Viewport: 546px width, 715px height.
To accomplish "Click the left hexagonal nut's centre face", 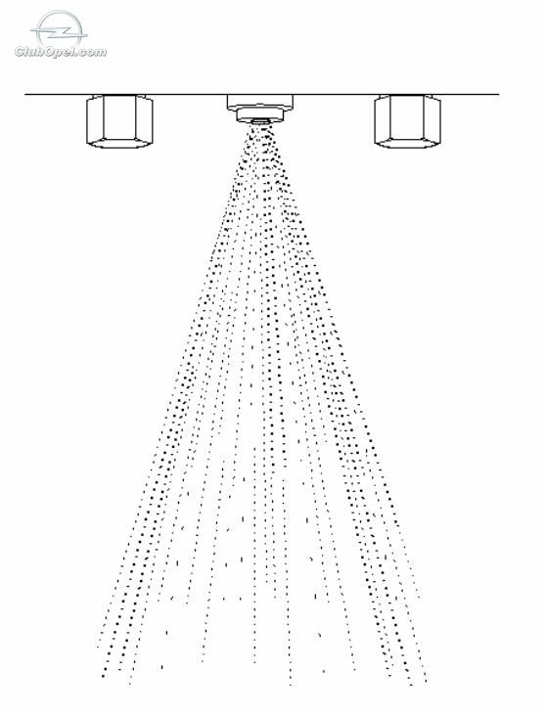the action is point(120,116).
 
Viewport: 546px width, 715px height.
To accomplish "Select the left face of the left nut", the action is point(95,119).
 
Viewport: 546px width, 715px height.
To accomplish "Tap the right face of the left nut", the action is point(145,119).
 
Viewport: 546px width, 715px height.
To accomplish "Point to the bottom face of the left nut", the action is point(120,143).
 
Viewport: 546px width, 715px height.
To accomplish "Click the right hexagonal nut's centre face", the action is point(408,116).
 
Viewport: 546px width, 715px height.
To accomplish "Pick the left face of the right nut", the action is point(383,119).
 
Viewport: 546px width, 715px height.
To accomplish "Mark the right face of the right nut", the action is point(432,119).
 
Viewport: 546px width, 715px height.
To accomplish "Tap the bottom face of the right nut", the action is point(408,143).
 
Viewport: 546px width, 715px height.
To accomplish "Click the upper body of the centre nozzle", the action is point(260,102).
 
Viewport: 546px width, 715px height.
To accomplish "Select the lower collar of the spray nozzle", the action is point(260,114).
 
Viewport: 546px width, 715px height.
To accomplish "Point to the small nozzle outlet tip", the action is point(260,121).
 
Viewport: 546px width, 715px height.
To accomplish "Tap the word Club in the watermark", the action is point(27,52).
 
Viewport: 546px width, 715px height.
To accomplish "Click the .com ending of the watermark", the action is point(89,53).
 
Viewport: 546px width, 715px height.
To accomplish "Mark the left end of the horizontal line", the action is point(25,95).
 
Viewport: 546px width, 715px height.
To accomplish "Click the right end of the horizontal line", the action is point(499,95).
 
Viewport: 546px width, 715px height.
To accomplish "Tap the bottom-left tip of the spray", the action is point(104,676).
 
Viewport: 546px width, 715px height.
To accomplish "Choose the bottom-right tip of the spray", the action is point(425,682).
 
